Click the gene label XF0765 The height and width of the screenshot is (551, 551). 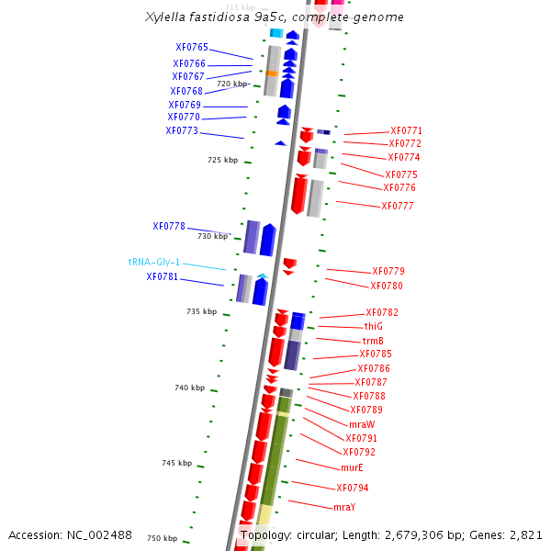192,48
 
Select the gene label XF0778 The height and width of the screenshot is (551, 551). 169,226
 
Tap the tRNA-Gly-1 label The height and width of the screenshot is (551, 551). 154,262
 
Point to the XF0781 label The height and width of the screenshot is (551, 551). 163,276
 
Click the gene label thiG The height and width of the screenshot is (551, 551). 373,327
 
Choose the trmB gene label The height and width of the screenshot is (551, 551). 373,341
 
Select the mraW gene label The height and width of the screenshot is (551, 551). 362,424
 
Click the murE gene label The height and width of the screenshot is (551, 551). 352,467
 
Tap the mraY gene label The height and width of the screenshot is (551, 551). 344,507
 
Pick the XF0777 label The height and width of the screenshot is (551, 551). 398,206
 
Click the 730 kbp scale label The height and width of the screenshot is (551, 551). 212,236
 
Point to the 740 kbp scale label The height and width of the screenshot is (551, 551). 189,388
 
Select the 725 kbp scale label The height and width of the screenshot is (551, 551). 222,160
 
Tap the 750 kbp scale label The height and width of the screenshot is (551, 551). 162,538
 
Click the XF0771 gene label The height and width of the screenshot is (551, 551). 406,130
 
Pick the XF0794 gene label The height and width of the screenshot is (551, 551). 352,488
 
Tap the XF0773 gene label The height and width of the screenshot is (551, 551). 182,130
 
